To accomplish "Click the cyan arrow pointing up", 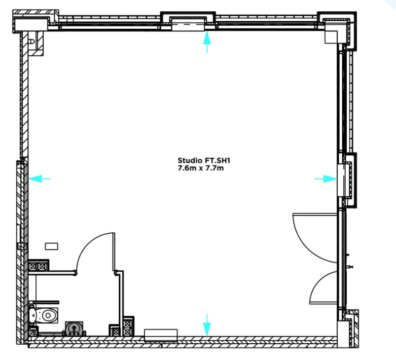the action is (x=207, y=42).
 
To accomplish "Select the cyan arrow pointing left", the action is (x=39, y=179).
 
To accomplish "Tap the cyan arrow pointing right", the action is (x=326, y=179).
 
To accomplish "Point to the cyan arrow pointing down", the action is (x=207, y=325).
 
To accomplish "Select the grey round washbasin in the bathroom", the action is (x=74, y=328).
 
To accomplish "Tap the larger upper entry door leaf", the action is (x=315, y=214).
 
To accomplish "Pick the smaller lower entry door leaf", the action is (x=324, y=302).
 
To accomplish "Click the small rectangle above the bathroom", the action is (x=51, y=246).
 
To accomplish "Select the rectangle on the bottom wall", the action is (x=161, y=335).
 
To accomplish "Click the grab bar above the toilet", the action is (x=44, y=302).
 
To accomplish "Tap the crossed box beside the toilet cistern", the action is (x=33, y=331).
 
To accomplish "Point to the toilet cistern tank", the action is (x=33, y=315).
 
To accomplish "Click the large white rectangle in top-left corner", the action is (x=32, y=25).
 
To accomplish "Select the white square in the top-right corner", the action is (x=331, y=37).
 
